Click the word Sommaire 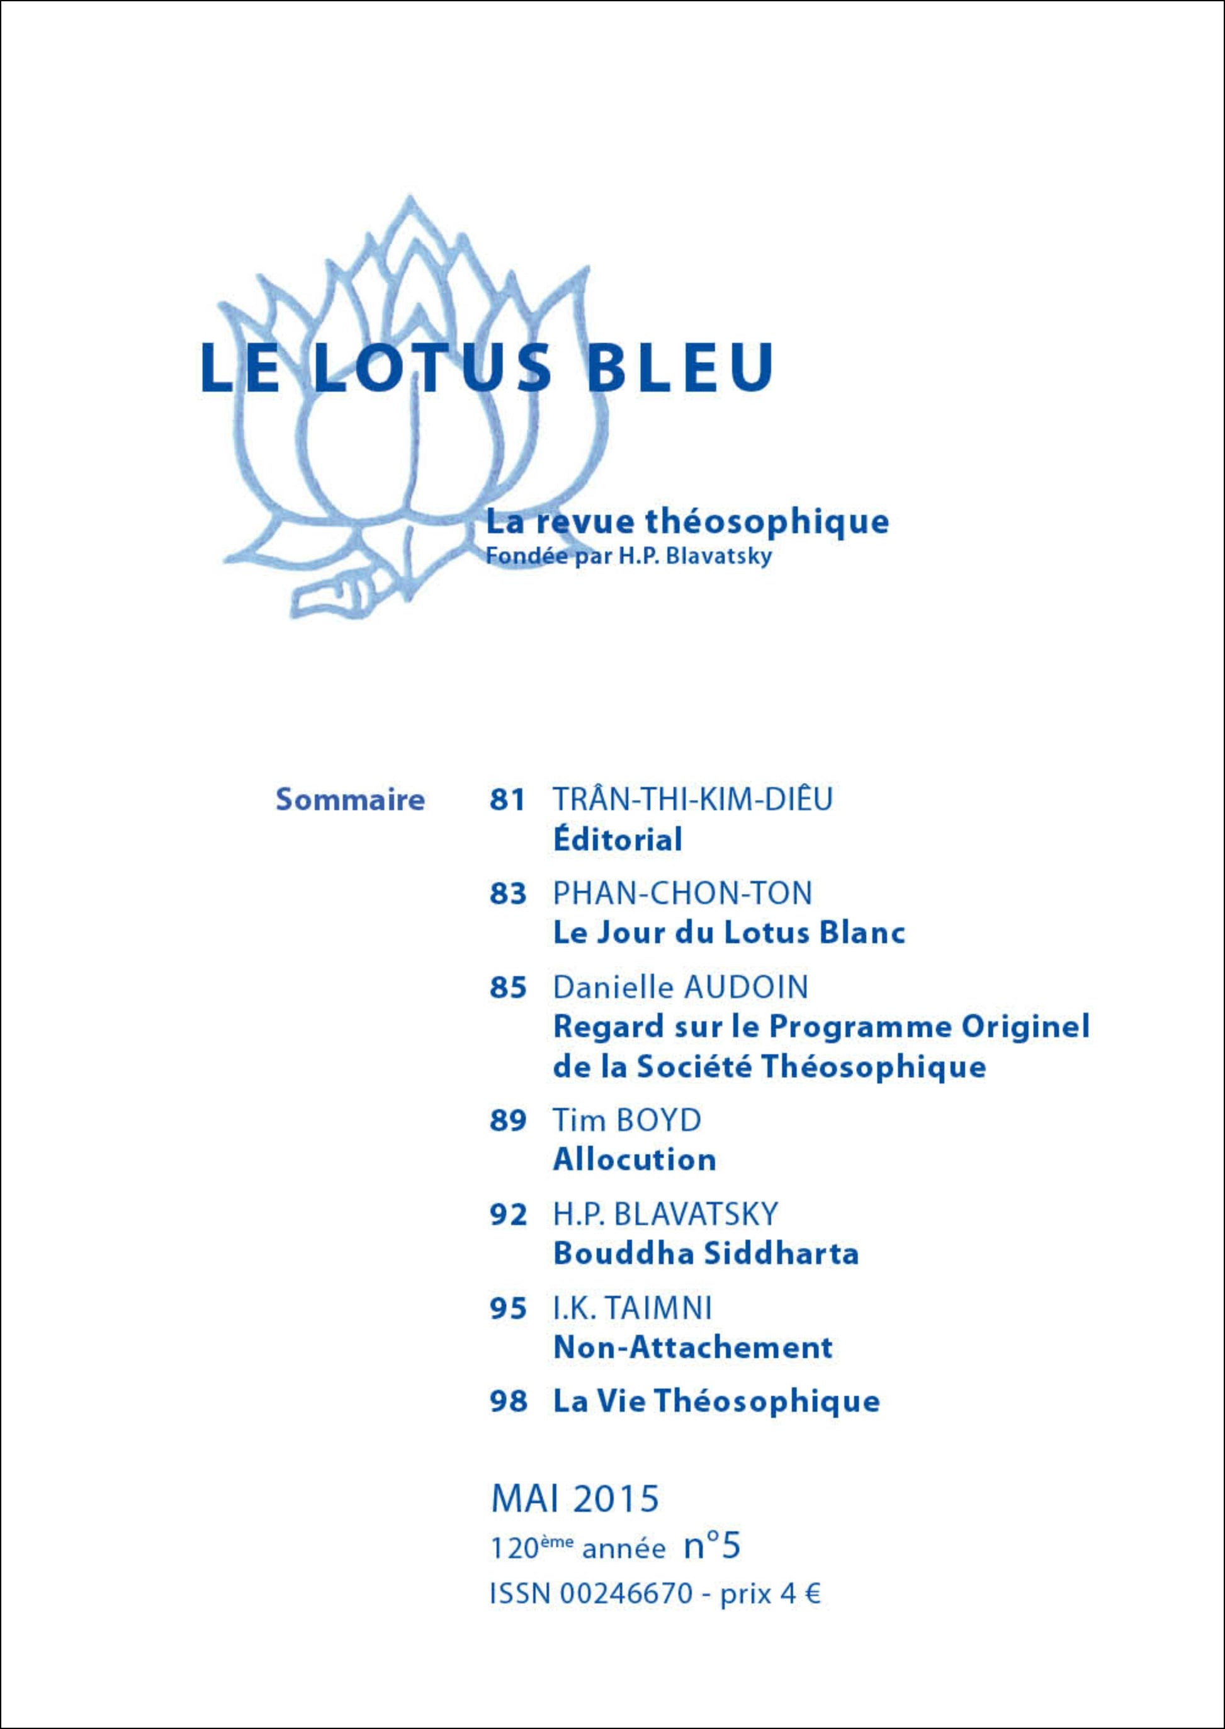coord(350,800)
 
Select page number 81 coord(507,800)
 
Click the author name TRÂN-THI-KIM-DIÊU coord(692,799)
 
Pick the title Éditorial coord(618,839)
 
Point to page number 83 coord(507,894)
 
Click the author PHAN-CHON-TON coord(682,893)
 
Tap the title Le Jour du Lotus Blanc coord(729,933)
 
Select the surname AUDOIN coord(744,987)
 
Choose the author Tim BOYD coord(627,1120)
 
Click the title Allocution coord(635,1159)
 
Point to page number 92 coord(507,1215)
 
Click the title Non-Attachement coord(692,1347)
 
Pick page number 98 coord(507,1402)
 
